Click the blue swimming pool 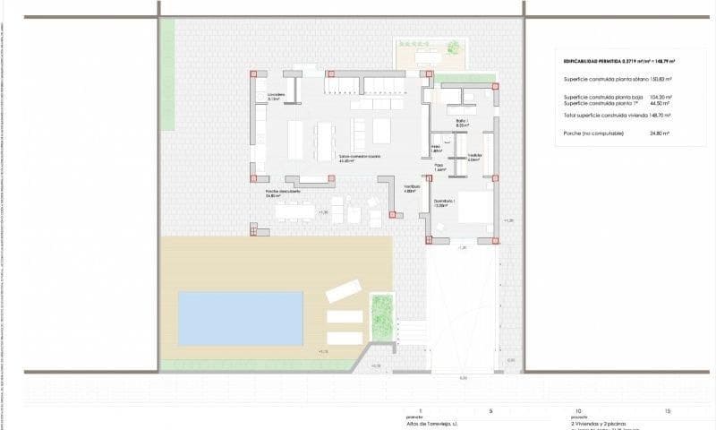tap(241, 318)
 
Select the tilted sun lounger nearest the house tap(343, 291)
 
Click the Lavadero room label tap(275, 96)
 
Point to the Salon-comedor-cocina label tap(359, 156)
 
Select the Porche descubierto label tap(283, 192)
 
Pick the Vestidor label tap(474, 157)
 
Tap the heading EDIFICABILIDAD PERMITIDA tap(590, 61)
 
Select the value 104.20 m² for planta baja tap(660, 97)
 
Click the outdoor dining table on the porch tap(294, 212)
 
